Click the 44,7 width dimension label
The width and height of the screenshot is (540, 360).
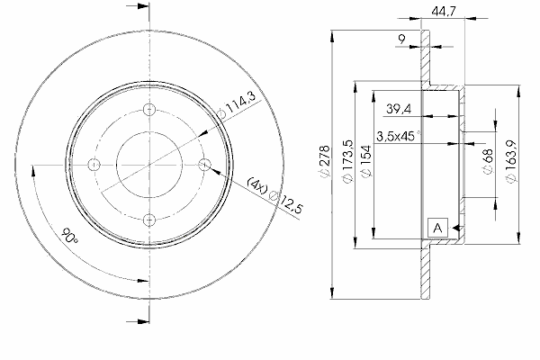pyautogui.click(x=443, y=12)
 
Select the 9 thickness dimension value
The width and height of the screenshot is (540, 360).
pyautogui.click(x=401, y=40)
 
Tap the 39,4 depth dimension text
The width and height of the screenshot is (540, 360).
pyautogui.click(x=399, y=109)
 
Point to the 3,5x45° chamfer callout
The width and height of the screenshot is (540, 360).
pyautogui.click(x=399, y=136)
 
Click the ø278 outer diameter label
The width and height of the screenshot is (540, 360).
pyautogui.click(x=325, y=162)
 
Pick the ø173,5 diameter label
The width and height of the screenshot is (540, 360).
pyautogui.click(x=348, y=161)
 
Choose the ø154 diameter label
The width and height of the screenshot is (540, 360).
pyautogui.click(x=366, y=161)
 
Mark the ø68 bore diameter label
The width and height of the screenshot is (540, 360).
pyautogui.click(x=488, y=161)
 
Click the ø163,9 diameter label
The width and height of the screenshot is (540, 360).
pyautogui.click(x=511, y=162)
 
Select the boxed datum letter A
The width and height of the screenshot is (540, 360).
pyautogui.click(x=437, y=228)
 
